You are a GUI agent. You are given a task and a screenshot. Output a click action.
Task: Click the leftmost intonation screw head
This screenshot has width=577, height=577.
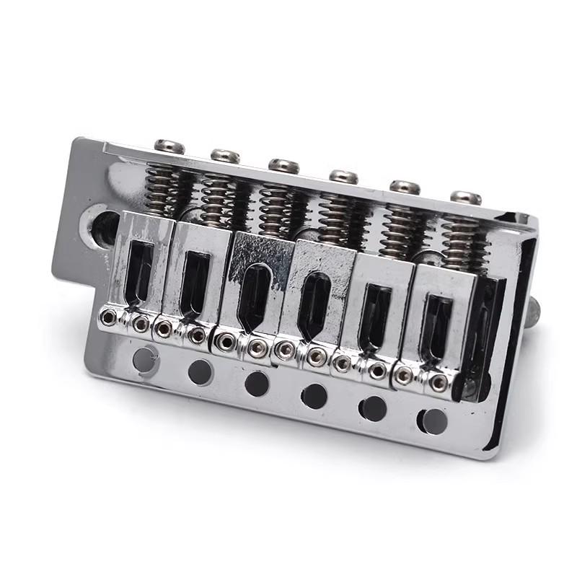point(169,146)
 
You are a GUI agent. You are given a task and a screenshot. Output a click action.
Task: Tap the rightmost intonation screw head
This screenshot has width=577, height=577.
point(466,197)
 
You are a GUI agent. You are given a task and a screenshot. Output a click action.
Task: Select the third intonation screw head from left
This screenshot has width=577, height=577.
point(283,165)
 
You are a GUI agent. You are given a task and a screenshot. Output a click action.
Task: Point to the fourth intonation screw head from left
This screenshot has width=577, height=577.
point(343,176)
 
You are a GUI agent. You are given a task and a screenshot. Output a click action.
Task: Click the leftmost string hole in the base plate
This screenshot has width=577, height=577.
point(145,358)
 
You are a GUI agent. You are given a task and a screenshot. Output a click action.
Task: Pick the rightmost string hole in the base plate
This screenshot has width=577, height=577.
point(433,420)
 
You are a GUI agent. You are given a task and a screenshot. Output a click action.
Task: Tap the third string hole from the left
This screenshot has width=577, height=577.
point(257,383)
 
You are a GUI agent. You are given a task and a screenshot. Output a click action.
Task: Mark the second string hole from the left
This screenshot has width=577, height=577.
point(200,371)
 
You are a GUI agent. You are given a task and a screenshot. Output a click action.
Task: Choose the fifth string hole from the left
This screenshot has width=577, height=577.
point(373,408)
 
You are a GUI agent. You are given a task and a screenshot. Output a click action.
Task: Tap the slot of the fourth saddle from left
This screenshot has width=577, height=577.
point(313,304)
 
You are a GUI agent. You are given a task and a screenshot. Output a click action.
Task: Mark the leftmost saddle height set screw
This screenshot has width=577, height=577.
point(108,317)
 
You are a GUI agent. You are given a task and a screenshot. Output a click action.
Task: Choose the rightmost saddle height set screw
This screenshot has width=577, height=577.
point(439,383)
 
